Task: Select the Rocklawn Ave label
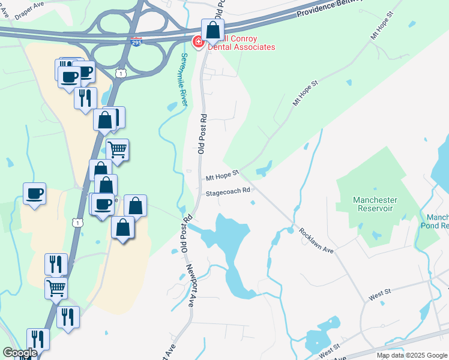(316, 240)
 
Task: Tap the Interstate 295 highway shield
(136, 43)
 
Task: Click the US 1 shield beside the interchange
(122, 73)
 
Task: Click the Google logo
(20, 353)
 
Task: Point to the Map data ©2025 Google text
(412, 355)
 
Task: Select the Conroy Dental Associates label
(240, 43)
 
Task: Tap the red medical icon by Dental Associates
(197, 42)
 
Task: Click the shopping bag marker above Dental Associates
(212, 30)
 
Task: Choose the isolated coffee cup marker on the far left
(34, 194)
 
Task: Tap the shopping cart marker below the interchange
(117, 149)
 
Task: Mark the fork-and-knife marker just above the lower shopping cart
(56, 263)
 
